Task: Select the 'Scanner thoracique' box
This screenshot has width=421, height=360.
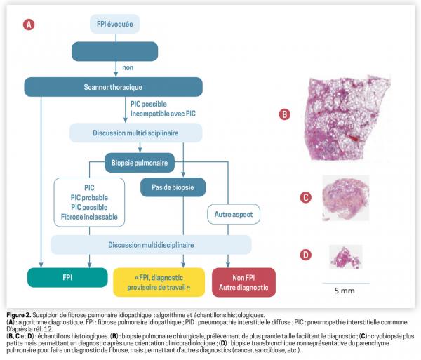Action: click(x=113, y=87)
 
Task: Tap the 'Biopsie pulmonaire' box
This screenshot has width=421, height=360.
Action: click(x=140, y=163)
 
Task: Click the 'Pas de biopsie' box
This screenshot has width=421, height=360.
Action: click(x=173, y=187)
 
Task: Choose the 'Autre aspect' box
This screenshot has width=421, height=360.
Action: click(x=232, y=212)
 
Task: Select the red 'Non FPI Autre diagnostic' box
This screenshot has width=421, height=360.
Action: click(x=243, y=281)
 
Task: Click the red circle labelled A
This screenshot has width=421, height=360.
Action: click(x=29, y=25)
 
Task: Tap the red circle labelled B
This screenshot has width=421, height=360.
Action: click(x=285, y=114)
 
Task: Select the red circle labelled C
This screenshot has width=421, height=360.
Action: click(x=306, y=198)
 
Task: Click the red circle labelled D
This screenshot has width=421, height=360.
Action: click(x=306, y=255)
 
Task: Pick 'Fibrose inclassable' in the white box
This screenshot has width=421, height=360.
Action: click(x=89, y=218)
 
